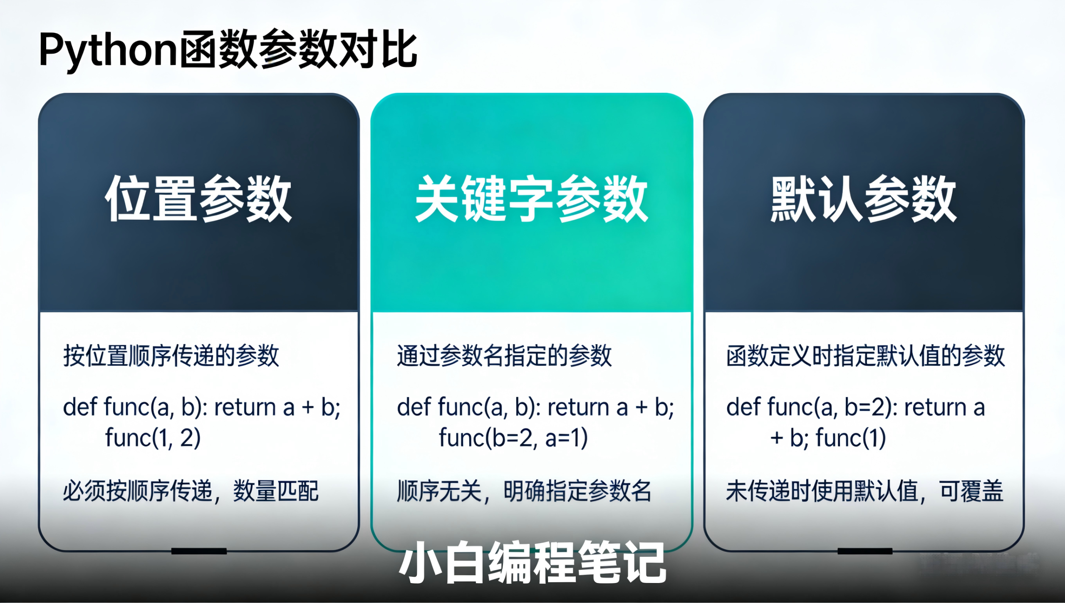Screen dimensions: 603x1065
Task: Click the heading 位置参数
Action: coord(198,199)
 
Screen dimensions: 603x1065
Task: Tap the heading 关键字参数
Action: coord(531,199)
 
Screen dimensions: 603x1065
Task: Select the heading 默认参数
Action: coord(864,199)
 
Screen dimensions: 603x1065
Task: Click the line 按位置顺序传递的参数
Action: coord(171,356)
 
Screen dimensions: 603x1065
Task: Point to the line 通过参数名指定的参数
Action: coord(504,356)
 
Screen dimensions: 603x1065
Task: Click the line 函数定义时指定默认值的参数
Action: coord(865,356)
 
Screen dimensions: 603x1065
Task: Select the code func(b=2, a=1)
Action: coord(513,438)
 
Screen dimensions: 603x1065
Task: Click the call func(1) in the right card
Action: coord(850,438)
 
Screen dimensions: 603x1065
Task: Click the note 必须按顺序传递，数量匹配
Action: coord(191,491)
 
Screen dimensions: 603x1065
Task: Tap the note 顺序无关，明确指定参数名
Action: coord(524,491)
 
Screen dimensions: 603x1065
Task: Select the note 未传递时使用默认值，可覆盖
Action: coord(864,491)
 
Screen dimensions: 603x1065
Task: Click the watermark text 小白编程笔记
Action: coord(532,563)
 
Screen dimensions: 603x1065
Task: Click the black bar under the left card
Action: coord(199,551)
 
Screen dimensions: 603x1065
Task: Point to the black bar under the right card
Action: coord(865,551)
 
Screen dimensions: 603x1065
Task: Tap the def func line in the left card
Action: coord(201,407)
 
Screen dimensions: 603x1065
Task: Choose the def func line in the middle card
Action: coord(535,407)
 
